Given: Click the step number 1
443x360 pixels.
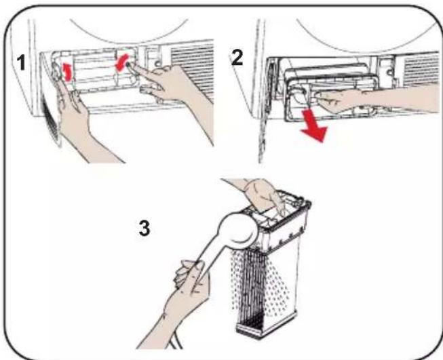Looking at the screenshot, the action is point(21,62).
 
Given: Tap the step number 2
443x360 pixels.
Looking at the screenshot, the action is point(237,58).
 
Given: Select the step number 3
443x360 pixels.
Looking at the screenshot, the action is point(145,228).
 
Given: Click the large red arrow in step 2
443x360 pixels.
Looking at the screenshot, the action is point(313,125).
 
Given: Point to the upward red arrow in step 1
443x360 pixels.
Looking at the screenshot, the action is point(67,72).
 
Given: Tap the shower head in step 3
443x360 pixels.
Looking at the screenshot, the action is point(239,229).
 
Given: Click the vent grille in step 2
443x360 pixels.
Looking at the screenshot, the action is point(421,69).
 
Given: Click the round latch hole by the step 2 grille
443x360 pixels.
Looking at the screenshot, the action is point(389,73).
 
